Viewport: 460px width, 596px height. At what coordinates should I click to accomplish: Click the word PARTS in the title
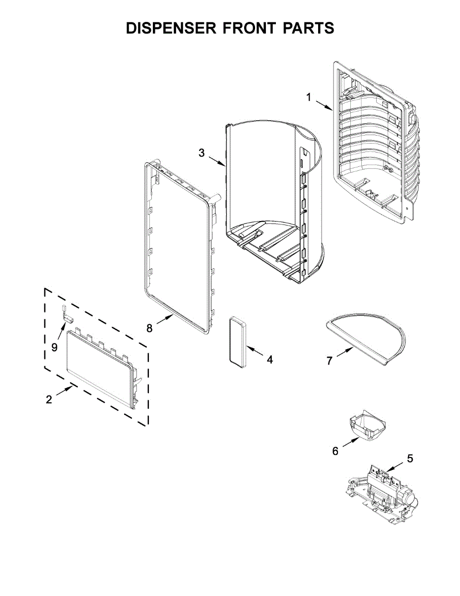pyautogui.click(x=308, y=28)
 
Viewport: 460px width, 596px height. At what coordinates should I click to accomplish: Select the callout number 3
pyautogui.click(x=201, y=153)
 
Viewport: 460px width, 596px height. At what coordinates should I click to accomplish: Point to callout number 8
pyautogui.click(x=149, y=328)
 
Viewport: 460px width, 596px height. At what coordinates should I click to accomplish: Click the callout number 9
pyautogui.click(x=55, y=346)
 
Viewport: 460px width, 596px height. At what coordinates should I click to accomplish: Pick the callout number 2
pyautogui.click(x=49, y=399)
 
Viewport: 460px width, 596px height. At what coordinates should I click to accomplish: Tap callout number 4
pyautogui.click(x=269, y=359)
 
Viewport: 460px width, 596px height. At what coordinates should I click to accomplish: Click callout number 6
pyautogui.click(x=335, y=450)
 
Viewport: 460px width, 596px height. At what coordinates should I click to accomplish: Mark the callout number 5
pyautogui.click(x=410, y=458)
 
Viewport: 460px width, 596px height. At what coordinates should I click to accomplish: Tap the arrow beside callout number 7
pyautogui.click(x=343, y=354)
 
